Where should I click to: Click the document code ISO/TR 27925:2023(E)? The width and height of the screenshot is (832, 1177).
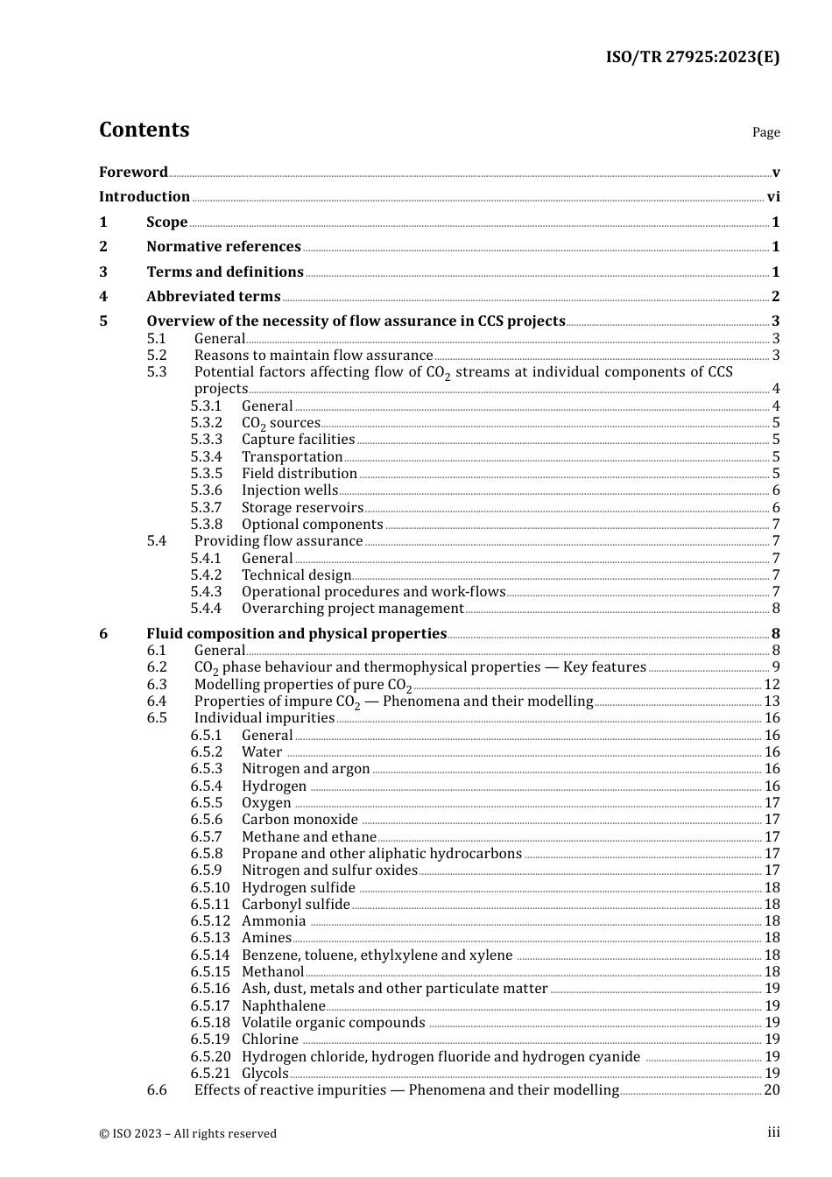pos(692,57)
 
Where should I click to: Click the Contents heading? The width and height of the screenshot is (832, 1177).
pos(144,130)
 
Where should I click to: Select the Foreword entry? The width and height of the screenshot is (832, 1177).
pos(133,172)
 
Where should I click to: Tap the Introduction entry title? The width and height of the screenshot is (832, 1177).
pos(145,197)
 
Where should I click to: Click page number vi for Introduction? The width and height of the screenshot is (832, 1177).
pos(773,197)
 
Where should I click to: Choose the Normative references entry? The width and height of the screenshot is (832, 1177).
pos(223,247)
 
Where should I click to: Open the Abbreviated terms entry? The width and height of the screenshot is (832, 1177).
pos(214,297)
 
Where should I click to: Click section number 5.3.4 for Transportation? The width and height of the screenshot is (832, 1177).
pos(207,457)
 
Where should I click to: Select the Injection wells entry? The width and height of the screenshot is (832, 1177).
pos(290,490)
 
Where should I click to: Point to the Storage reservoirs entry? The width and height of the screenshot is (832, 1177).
pos(302,508)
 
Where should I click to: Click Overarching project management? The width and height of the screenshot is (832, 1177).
pos(353,609)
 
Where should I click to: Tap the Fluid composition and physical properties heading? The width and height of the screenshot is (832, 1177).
pos(297,634)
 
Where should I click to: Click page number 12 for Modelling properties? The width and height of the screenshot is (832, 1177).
pos(772,685)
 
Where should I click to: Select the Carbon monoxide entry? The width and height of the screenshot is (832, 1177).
pos(300,820)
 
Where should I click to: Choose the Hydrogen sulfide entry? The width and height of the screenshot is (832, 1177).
pos(299,888)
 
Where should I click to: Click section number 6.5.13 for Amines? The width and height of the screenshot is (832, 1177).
pos(210,938)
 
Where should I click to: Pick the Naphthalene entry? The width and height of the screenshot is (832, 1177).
pos(283,1006)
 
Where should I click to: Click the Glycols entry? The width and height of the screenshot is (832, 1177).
pos(265,1074)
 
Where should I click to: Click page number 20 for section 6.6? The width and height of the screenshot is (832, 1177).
pos(772,1090)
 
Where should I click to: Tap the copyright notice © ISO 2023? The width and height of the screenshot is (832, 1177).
pos(187,1133)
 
